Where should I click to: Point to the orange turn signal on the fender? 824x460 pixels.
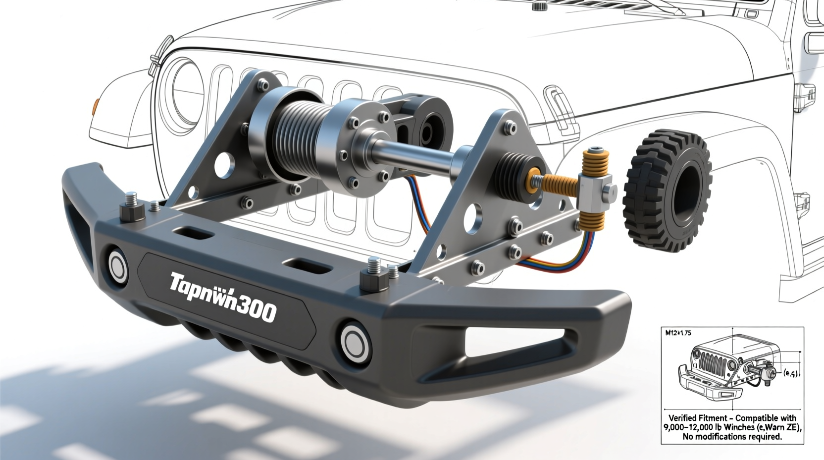coord(96,106)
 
